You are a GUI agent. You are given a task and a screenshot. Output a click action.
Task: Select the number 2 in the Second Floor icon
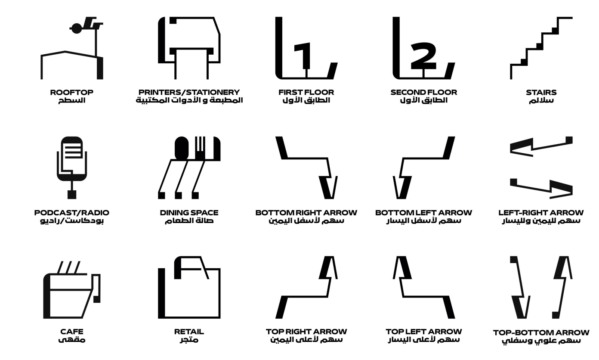click(423, 56)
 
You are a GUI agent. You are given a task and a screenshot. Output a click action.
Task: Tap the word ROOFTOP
click(72, 92)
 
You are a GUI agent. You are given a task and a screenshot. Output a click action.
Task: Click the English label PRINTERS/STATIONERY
click(189, 92)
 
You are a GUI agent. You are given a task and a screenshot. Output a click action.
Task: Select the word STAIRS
click(541, 92)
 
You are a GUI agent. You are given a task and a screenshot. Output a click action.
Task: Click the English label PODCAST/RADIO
click(72, 213)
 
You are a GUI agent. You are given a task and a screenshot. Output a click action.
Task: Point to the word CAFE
click(72, 332)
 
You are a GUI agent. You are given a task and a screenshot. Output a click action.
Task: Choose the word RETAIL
click(189, 332)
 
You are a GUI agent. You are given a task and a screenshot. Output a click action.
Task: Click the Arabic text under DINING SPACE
click(189, 221)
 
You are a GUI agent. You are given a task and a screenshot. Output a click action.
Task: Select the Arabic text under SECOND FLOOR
click(423, 100)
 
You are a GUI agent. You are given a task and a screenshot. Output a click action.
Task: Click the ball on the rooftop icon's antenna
click(77, 28)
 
